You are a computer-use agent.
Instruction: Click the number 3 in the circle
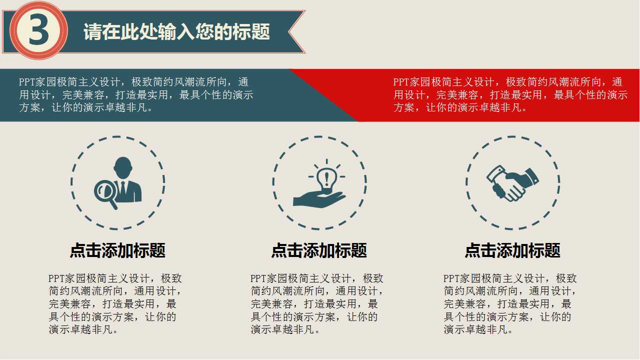pyautogui.click(x=38, y=31)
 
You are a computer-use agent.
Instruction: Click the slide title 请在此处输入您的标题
pyautogui.click(x=176, y=32)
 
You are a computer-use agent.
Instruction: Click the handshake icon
pyautogui.click(x=512, y=183)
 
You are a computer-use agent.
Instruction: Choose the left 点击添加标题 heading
pyautogui.click(x=117, y=250)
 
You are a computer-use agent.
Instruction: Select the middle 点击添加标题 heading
pyautogui.click(x=319, y=250)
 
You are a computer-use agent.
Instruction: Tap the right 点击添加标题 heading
pyautogui.click(x=512, y=250)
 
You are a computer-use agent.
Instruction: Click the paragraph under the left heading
pyautogui.click(x=114, y=303)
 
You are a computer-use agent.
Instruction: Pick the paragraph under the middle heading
pyautogui.click(x=316, y=303)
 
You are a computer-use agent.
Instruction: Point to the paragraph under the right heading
pyautogui.click(x=509, y=303)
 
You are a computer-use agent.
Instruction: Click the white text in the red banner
pyautogui.click(x=510, y=95)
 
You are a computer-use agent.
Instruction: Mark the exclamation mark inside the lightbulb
pyautogui.click(x=326, y=177)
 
